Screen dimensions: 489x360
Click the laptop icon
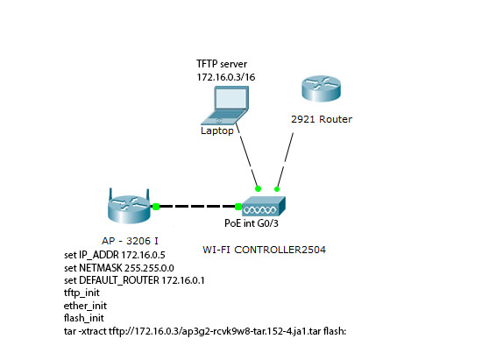tap(224, 105)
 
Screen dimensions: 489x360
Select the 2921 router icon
tap(321, 88)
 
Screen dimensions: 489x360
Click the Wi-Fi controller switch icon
tap(264, 206)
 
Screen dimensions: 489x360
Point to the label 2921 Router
tap(322, 119)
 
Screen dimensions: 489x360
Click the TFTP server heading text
tap(222, 64)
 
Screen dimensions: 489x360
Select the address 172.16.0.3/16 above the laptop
tap(226, 77)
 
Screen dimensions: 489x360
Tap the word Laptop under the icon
tap(217, 131)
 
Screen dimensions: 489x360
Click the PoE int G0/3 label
tap(252, 223)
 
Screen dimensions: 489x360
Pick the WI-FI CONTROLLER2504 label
tap(264, 250)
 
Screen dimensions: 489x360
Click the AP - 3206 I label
tap(130, 241)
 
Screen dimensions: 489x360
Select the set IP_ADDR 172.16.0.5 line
tap(115, 255)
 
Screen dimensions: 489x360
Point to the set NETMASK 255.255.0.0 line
tap(119, 268)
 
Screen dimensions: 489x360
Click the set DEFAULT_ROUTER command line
tap(134, 280)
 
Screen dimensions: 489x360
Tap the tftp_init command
tap(81, 293)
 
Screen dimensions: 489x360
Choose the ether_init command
tap(85, 306)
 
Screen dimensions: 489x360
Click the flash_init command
tap(84, 318)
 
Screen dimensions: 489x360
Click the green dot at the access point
tap(156, 207)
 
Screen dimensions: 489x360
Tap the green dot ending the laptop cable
tap(258, 188)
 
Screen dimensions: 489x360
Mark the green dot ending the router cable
tap(277, 189)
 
